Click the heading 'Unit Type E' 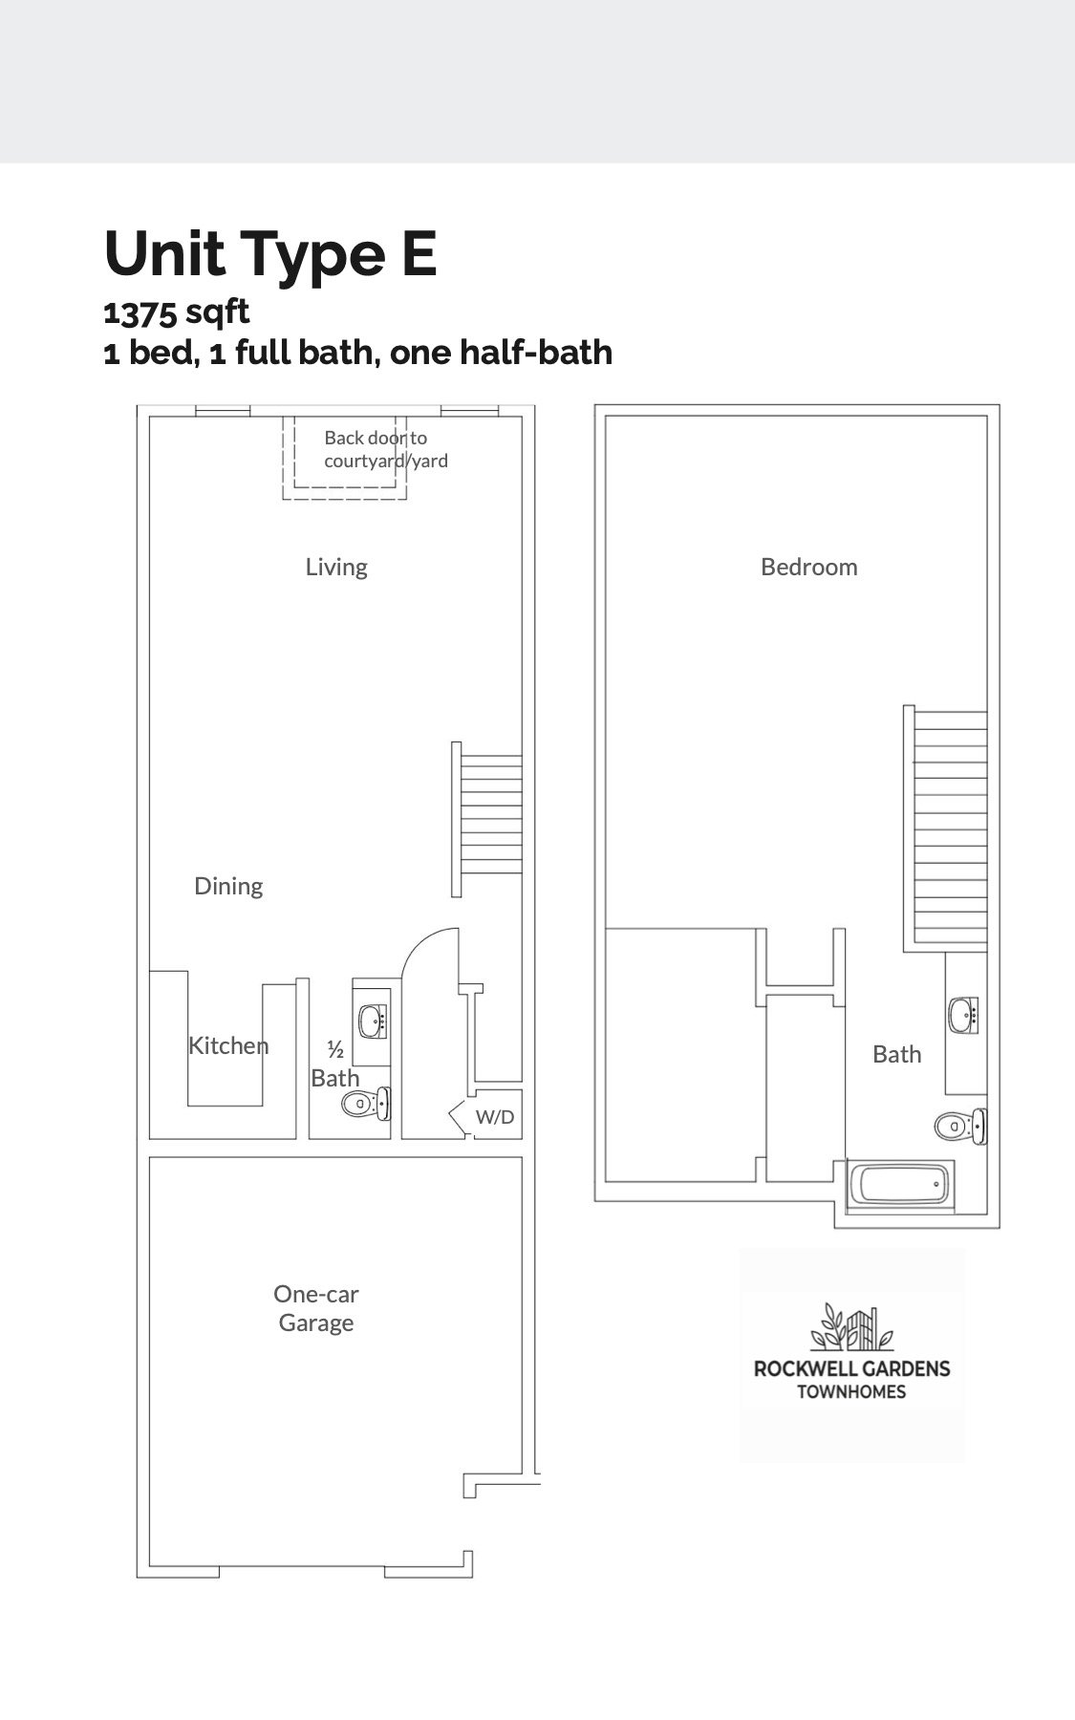pos(270,253)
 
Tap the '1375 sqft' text pos(177,312)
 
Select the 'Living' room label pos(336,567)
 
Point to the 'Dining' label pos(228,886)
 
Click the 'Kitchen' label pos(228,1045)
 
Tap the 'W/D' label pos(495,1116)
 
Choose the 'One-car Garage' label pos(316,1308)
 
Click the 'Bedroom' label pos(809,567)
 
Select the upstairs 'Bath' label pos(897,1054)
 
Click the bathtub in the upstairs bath pos(902,1186)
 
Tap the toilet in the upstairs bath pos(960,1126)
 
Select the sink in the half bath pos(373,1021)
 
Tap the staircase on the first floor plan pos(487,820)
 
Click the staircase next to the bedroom pos(946,827)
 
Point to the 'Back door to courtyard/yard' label pos(386,449)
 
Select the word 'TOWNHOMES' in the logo pos(851,1391)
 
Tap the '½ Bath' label pos(335,1064)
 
